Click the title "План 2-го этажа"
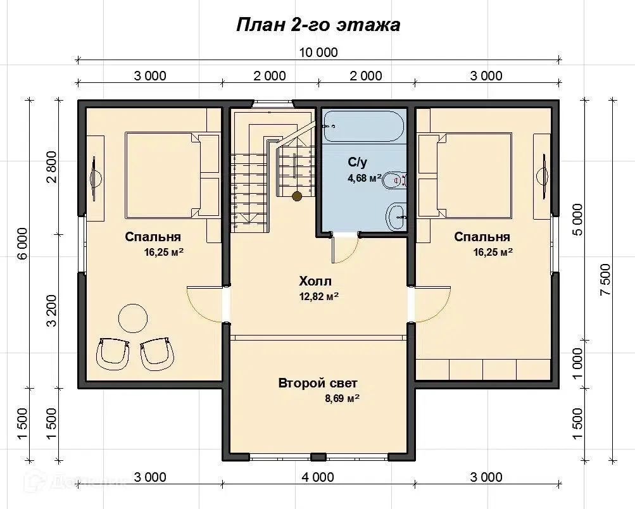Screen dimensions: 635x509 (318, 25)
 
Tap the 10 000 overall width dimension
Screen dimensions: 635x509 (318, 53)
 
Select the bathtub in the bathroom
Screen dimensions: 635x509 (363, 127)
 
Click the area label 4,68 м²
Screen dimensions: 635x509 (365, 178)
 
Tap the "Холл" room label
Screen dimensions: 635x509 (315, 280)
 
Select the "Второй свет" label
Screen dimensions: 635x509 (318, 383)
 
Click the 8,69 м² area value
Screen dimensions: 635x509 (343, 398)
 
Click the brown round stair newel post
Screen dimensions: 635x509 (298, 196)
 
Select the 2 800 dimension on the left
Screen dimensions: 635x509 (53, 167)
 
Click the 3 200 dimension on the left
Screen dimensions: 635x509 (53, 311)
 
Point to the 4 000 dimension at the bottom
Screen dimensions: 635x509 (318, 477)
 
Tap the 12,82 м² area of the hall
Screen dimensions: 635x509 (319, 296)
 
